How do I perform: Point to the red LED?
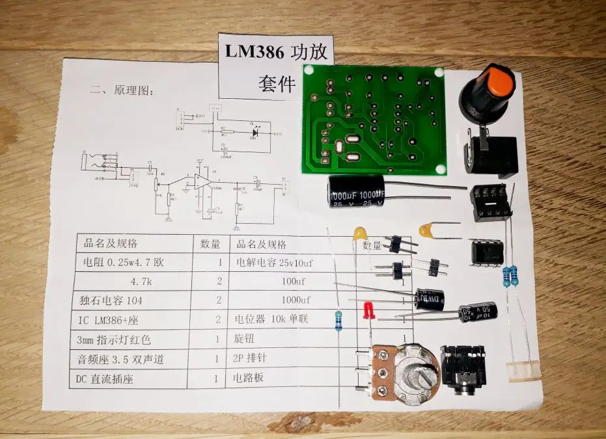coord(368,309)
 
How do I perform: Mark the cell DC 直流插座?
coord(105,379)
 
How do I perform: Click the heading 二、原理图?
coord(123,91)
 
